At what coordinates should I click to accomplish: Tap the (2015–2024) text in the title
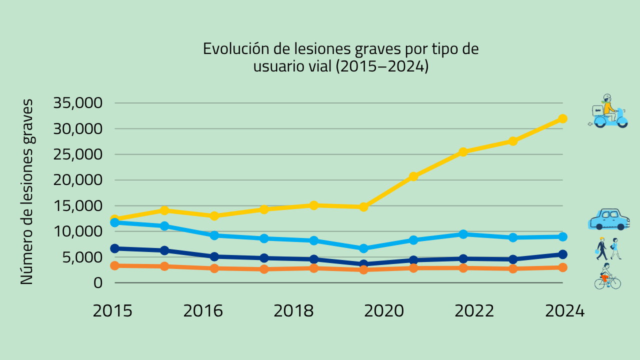[x=382, y=66]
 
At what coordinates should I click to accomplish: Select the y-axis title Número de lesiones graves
[x=27, y=191]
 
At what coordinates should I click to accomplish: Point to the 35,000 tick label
[x=77, y=103]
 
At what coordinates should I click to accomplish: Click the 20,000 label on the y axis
[x=77, y=180]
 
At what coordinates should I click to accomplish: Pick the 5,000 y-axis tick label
[x=82, y=257]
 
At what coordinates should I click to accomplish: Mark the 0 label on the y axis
[x=97, y=283]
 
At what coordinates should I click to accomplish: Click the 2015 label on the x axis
[x=112, y=311]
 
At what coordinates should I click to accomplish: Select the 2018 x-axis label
[x=293, y=311]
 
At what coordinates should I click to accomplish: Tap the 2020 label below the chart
[x=384, y=311]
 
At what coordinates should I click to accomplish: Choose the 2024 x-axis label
[x=565, y=311]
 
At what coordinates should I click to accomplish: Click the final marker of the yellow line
[x=562, y=118]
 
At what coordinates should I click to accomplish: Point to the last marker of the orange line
[x=562, y=267]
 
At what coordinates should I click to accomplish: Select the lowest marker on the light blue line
[x=363, y=248]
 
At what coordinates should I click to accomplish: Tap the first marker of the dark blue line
[x=114, y=248]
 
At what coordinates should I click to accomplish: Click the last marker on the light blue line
[x=562, y=236]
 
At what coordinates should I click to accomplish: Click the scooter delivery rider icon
[x=607, y=111]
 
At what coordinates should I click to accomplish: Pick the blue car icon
[x=609, y=219]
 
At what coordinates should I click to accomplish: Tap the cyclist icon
[x=607, y=276]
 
